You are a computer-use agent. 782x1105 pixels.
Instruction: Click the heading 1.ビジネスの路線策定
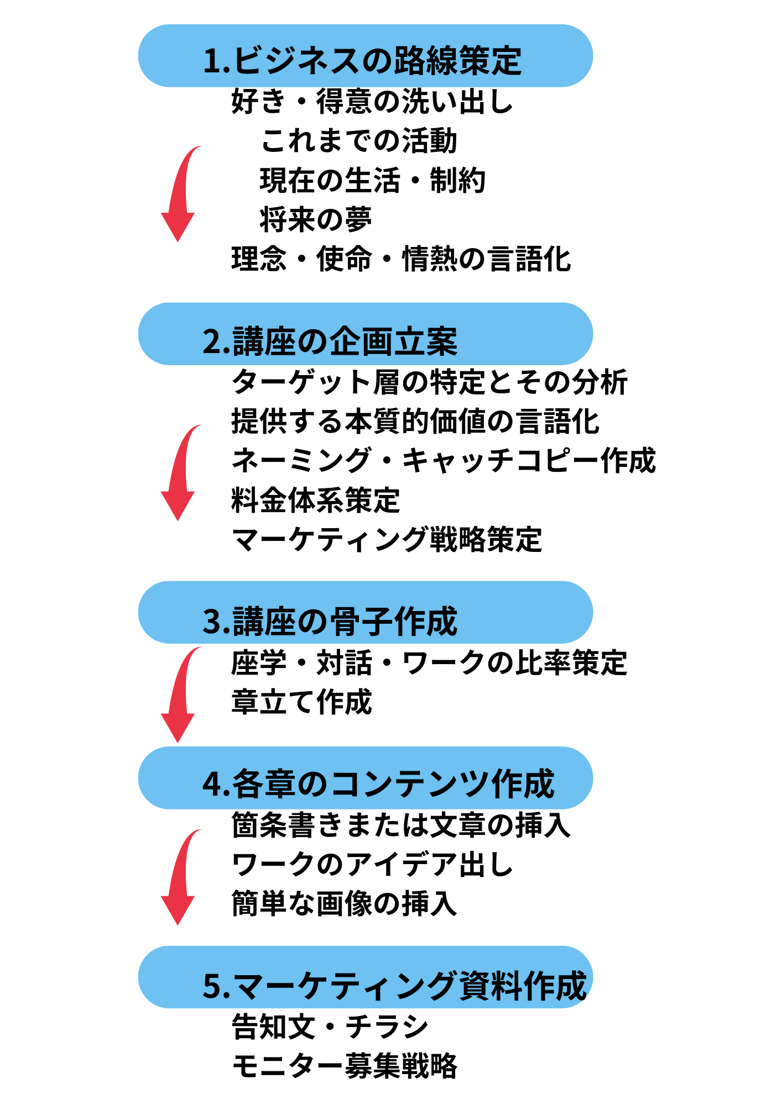(363, 60)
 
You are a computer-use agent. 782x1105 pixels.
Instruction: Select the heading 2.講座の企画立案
(330, 341)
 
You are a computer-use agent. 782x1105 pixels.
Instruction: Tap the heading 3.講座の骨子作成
(330, 620)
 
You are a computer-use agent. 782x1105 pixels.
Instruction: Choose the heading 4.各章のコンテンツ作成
(378, 783)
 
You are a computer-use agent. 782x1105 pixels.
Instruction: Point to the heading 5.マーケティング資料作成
(394, 985)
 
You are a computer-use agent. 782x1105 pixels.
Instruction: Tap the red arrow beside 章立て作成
(179, 696)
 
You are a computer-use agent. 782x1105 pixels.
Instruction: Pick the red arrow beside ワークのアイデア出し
(179, 878)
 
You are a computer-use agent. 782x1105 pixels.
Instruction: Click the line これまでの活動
(359, 140)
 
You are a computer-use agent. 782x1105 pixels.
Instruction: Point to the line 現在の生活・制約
(373, 180)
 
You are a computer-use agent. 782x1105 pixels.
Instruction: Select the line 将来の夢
(316, 219)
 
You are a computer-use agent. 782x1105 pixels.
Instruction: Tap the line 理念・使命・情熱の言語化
(401, 259)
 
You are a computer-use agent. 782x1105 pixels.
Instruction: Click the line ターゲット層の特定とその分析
(430, 382)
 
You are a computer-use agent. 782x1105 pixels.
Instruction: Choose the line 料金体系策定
(316, 499)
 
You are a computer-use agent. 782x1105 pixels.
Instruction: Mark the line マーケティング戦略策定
(387, 539)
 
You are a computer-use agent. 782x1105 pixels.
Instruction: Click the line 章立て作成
(302, 702)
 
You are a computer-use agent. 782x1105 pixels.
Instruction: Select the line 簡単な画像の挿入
(345, 904)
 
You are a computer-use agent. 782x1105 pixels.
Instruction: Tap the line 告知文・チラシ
(330, 1027)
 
